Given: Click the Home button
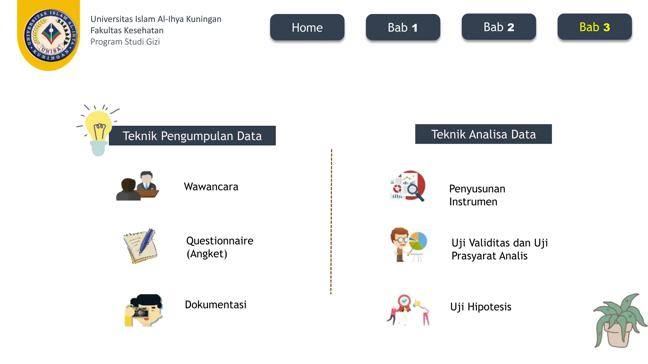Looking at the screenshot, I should [x=307, y=27].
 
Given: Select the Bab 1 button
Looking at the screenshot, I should [x=403, y=27].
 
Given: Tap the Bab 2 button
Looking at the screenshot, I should [x=499, y=27].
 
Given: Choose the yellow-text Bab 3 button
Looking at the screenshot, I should [x=595, y=27].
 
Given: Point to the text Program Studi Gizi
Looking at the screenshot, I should [x=125, y=42].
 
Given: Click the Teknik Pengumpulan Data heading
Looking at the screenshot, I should [x=192, y=136].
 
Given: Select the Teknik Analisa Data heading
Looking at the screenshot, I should [x=483, y=134].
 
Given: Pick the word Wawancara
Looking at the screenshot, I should [x=211, y=187].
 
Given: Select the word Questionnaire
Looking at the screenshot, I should [x=220, y=241].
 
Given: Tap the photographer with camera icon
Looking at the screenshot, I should [x=144, y=310].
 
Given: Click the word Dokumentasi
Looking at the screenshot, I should [x=215, y=305].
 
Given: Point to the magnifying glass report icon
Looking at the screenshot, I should [x=408, y=186].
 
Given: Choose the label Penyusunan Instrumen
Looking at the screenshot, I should [x=477, y=195].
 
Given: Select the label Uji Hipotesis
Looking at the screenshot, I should [x=481, y=307].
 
